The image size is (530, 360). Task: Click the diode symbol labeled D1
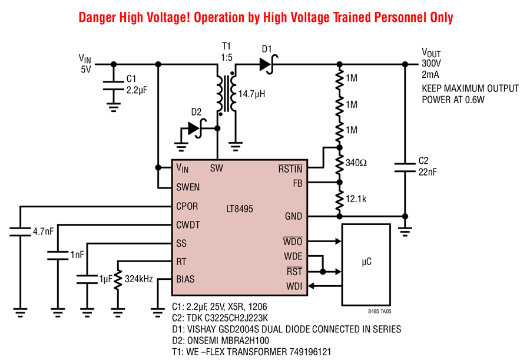[x=269, y=64]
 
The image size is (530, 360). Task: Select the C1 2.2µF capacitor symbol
[x=114, y=85]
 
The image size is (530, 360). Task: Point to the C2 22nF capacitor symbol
[x=405, y=167]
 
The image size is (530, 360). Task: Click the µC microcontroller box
[x=366, y=265]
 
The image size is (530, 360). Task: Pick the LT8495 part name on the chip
[x=240, y=209]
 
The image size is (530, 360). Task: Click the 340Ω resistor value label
[x=356, y=163]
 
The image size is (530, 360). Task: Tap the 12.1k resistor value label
[x=356, y=199]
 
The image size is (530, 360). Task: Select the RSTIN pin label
[x=290, y=169]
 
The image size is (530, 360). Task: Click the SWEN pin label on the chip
[x=188, y=187]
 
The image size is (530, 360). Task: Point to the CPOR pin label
[x=187, y=206]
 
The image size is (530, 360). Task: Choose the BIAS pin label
[x=185, y=279]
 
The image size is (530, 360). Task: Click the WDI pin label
[x=294, y=286]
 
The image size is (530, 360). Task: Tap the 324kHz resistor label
[x=139, y=279]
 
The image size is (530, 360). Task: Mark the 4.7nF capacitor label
[x=43, y=232]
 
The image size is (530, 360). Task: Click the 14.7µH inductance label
[x=252, y=94]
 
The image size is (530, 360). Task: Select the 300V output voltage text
[x=431, y=63]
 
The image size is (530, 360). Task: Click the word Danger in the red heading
[x=97, y=17]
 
